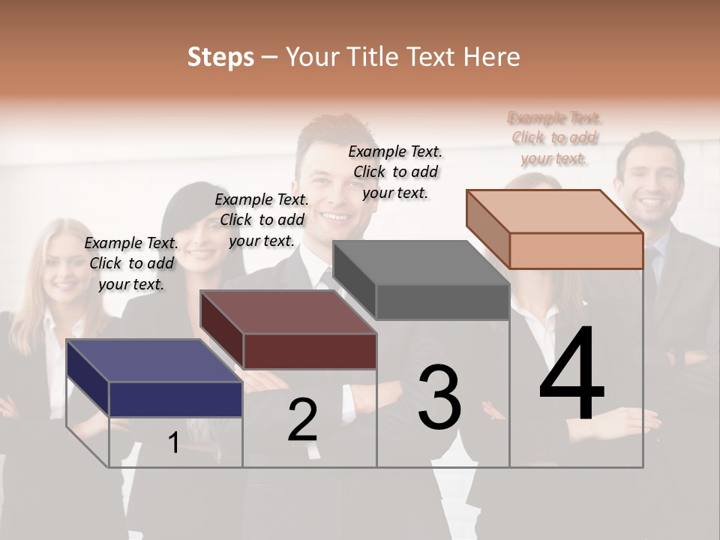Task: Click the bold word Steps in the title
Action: coord(220,57)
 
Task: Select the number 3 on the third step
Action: coord(439,397)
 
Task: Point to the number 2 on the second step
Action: coord(303,420)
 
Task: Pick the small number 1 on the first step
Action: coord(174,442)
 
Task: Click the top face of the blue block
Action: coord(154,361)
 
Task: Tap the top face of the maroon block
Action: coord(288,312)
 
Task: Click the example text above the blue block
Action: coord(132,263)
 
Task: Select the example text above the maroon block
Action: coord(262,220)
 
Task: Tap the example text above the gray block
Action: coord(395,172)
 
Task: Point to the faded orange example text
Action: coord(554,138)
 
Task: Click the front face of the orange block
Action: coord(576,250)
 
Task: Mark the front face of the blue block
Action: coord(175,399)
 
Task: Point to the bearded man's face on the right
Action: coord(649,184)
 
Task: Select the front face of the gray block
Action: coord(442,302)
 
